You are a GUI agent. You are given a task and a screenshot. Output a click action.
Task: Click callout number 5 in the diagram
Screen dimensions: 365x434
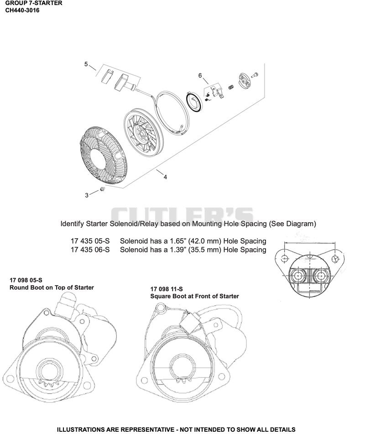coord(86,64)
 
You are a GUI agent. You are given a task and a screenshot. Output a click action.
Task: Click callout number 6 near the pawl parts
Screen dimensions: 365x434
coord(200,76)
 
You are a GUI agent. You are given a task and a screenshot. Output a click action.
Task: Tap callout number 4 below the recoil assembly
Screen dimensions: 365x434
coord(165,177)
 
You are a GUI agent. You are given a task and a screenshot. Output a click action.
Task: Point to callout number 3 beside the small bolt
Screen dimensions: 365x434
coord(87,195)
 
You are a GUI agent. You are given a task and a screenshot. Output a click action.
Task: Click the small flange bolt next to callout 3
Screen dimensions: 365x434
coord(102,189)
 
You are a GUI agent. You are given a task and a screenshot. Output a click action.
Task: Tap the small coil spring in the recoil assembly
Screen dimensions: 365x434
coord(231,88)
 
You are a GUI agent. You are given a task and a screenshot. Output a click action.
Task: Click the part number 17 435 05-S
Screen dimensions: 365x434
coord(90,241)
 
